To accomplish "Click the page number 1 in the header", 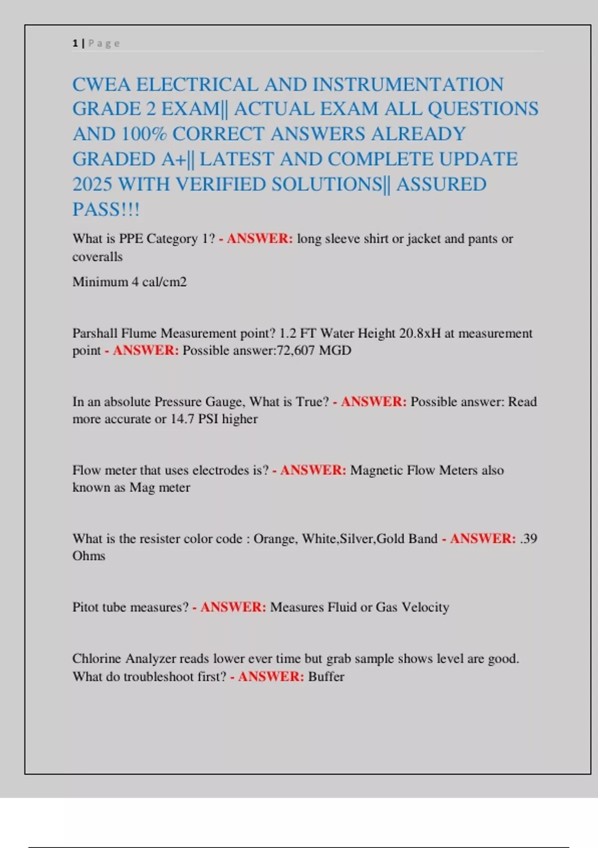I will click(75, 43).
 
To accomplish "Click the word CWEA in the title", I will click(102, 84).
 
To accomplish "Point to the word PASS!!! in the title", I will click(106, 209).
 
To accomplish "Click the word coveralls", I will click(97, 257).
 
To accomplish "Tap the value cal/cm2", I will click(164, 282).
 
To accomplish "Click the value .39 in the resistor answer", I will click(528, 539).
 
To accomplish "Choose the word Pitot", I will click(86, 607).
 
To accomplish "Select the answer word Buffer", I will click(326, 677).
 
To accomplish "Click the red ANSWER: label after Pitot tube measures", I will click(233, 607).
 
